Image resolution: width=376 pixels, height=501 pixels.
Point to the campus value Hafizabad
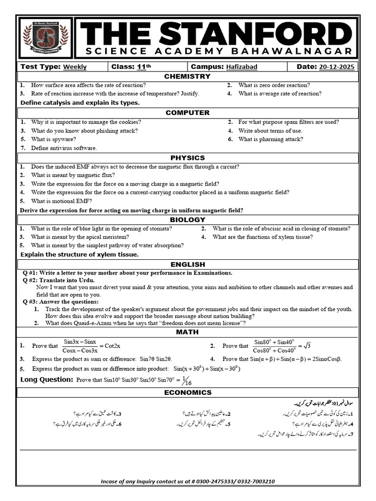[x=241, y=67]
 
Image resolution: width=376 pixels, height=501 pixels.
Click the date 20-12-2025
[x=337, y=67]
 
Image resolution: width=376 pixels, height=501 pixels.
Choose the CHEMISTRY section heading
[x=188, y=76]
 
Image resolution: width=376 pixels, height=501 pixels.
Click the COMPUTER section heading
[x=188, y=113]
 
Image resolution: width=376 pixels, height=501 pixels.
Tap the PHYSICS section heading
[x=188, y=158]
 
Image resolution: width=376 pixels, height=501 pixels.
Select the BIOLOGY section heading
[x=188, y=220]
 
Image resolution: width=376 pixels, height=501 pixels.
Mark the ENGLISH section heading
[x=188, y=264]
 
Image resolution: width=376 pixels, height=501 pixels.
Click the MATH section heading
[x=188, y=332]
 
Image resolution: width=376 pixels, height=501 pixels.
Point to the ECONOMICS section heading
[x=188, y=392]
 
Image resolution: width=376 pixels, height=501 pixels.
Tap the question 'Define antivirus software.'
[x=64, y=148]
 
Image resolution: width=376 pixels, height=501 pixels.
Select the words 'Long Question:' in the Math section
[x=47, y=380]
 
